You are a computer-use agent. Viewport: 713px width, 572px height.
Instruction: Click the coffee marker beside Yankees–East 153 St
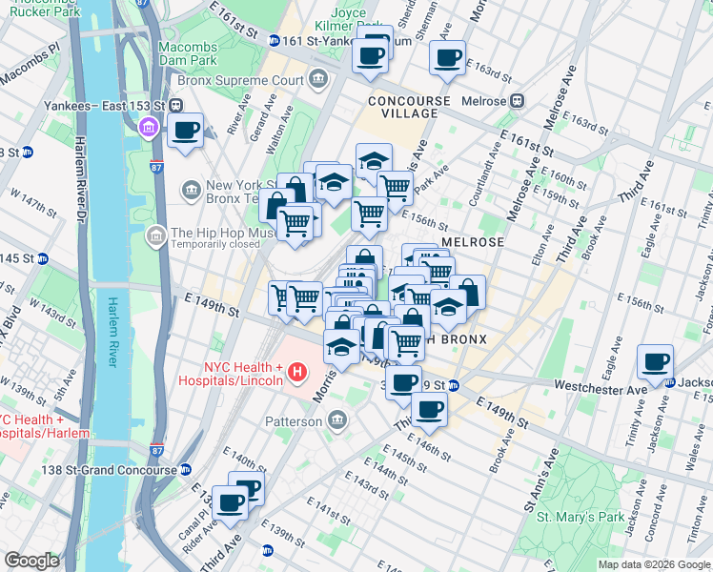186,132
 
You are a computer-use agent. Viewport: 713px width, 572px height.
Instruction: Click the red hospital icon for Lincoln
296,372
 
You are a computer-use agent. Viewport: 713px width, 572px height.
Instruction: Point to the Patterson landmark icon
337,419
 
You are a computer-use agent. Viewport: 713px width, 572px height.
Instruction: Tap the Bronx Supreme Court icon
317,78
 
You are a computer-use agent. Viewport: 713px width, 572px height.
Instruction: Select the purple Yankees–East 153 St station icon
149,128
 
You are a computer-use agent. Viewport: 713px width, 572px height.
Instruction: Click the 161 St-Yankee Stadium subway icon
275,40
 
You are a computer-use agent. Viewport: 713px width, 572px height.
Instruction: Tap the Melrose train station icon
518,100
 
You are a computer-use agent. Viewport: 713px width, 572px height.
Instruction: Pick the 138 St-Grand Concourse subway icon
186,469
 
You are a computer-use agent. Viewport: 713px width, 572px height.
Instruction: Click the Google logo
31,561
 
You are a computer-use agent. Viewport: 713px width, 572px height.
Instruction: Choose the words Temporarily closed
217,244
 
